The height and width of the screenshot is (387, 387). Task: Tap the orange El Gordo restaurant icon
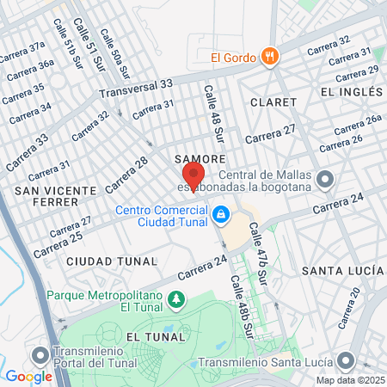click(271, 57)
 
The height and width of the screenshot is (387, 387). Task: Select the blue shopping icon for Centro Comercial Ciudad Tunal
click(221, 212)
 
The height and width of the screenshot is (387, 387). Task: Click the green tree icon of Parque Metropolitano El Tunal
click(177, 298)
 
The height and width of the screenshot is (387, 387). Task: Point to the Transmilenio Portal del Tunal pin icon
click(40, 355)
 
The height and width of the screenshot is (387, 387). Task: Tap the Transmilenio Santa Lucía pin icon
click(346, 360)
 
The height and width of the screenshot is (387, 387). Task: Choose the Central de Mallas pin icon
click(325, 179)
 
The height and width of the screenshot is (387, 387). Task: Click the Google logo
click(28, 377)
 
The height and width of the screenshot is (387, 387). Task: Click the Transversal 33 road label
click(136, 89)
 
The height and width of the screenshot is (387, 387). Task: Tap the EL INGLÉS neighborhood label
click(350, 91)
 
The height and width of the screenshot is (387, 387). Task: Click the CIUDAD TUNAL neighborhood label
click(112, 261)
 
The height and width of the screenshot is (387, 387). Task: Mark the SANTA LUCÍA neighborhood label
click(342, 270)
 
